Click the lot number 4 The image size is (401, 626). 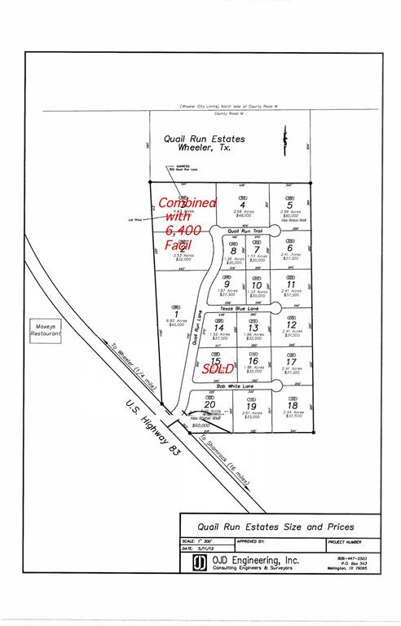(242, 205)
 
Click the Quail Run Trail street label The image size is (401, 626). (245, 231)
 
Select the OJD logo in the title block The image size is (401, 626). (198, 563)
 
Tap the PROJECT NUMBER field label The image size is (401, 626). (346, 540)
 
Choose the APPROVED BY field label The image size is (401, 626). (251, 540)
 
